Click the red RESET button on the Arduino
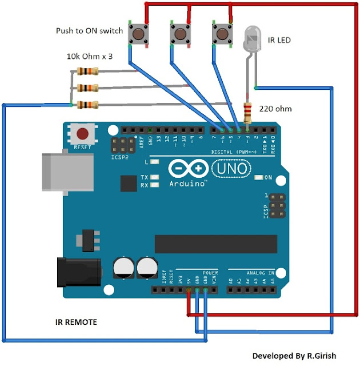pos(83,134)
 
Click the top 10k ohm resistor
pos(87,71)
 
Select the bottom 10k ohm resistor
pos(87,105)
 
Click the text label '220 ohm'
pos(274,109)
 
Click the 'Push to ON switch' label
pos(89,30)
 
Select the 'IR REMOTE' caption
pos(77,323)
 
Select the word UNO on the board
pos(231,168)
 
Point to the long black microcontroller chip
pos(215,243)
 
